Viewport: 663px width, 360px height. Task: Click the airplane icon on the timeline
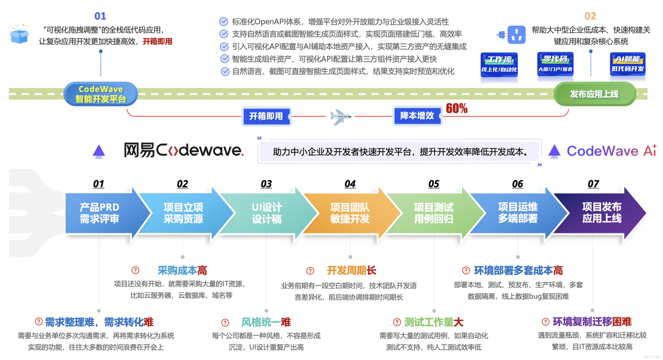[x=340, y=116]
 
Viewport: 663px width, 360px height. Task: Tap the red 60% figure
[x=456, y=109]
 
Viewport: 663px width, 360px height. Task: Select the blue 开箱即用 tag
[x=266, y=116]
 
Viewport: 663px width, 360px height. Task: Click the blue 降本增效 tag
[x=417, y=116]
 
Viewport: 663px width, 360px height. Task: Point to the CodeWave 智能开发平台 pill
[x=101, y=94]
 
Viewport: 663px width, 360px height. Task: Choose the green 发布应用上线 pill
[x=595, y=94]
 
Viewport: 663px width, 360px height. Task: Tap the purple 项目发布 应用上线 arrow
[x=602, y=213]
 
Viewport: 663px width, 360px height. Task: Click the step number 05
[x=433, y=184]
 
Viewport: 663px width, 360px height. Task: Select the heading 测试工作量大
[x=434, y=322]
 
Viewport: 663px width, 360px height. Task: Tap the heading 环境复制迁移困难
[x=592, y=321]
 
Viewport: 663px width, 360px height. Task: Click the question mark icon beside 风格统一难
[x=225, y=322]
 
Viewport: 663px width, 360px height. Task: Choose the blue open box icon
[x=19, y=34]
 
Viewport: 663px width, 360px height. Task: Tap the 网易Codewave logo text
[x=183, y=149]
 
